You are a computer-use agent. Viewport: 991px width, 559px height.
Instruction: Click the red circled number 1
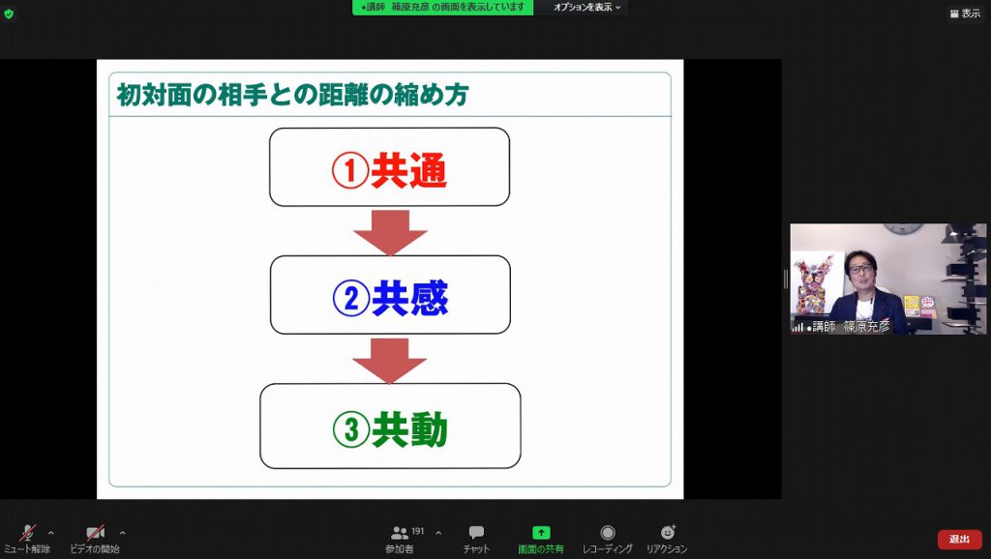click(x=350, y=170)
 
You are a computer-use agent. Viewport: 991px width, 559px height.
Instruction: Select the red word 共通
click(x=408, y=170)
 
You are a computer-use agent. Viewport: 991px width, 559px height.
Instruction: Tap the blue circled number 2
click(x=350, y=298)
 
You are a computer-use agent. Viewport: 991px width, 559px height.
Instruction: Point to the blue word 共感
click(x=409, y=298)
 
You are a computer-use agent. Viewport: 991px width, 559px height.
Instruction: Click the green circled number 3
click(x=350, y=429)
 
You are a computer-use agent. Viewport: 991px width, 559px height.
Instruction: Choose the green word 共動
click(x=409, y=429)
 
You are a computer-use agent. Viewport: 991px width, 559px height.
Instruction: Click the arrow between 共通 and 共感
click(x=390, y=232)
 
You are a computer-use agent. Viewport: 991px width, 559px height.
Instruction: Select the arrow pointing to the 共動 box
click(x=389, y=361)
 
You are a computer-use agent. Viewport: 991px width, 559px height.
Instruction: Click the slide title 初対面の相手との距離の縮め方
click(x=292, y=95)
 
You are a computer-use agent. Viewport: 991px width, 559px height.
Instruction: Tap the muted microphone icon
click(x=27, y=533)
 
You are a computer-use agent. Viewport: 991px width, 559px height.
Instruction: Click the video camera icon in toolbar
click(x=95, y=533)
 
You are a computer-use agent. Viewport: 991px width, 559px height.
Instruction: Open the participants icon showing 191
click(x=400, y=533)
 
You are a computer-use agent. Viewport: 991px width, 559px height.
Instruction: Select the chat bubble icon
click(x=476, y=533)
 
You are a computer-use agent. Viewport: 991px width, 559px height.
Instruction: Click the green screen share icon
click(x=541, y=533)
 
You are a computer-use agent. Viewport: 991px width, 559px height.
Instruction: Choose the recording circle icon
click(x=608, y=533)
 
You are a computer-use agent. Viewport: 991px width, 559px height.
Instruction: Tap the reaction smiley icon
click(x=668, y=532)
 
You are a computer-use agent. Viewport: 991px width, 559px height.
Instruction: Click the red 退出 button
click(x=959, y=539)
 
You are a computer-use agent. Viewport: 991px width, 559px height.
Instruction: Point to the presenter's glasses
click(x=860, y=269)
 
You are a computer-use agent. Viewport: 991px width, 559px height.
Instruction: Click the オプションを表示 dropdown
click(x=586, y=7)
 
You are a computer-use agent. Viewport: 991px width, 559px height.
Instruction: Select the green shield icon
click(x=9, y=14)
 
